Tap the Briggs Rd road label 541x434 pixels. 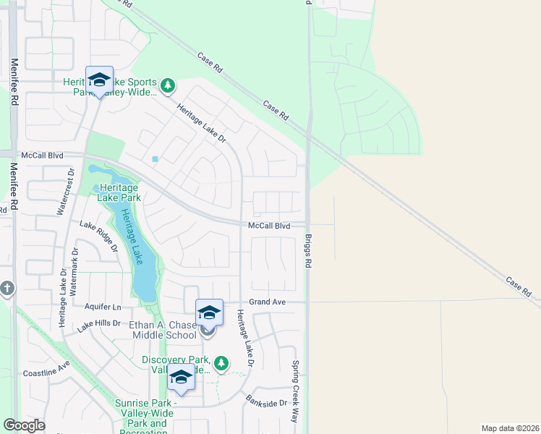coord(307,251)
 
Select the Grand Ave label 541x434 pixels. coord(268,301)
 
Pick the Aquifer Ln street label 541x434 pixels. coord(103,307)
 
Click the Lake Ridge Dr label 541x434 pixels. coord(98,236)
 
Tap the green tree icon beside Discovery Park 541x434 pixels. coord(223,362)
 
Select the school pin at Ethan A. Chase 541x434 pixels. coord(209,312)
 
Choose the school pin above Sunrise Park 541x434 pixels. coord(181,378)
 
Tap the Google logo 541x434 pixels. coord(24,425)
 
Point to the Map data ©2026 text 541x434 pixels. coord(510,428)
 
